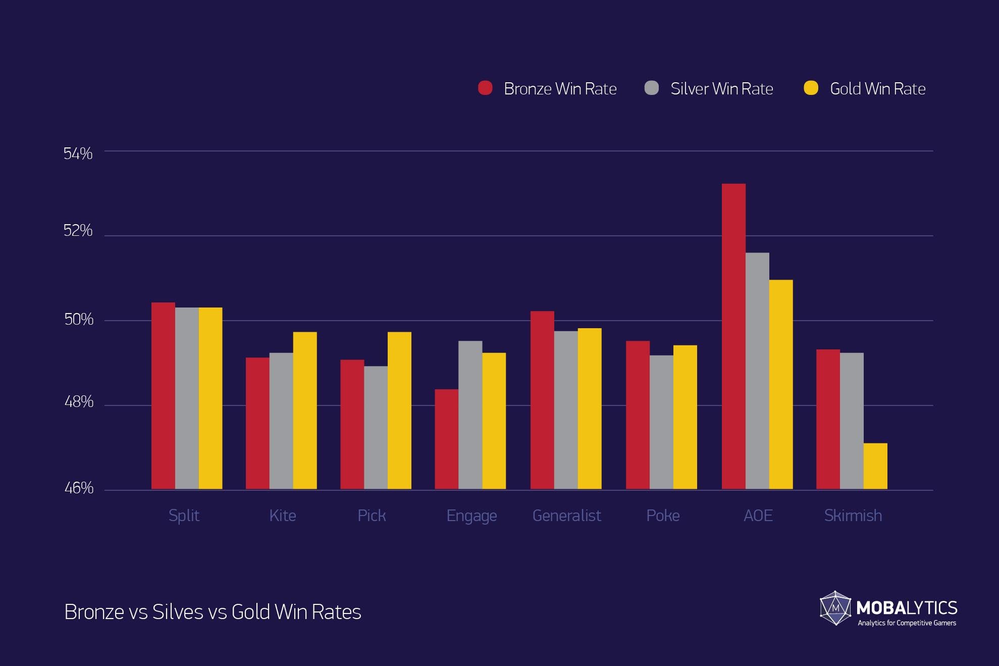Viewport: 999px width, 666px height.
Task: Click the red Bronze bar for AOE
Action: point(733,336)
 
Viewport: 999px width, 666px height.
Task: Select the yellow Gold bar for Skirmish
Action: point(875,466)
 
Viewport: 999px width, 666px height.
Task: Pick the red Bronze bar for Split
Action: point(163,396)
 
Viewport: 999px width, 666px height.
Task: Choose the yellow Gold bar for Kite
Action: point(305,411)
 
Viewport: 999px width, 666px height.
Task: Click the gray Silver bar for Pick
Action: point(376,428)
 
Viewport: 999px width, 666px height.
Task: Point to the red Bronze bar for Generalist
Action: point(542,400)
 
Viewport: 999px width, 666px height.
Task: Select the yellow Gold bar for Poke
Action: point(685,417)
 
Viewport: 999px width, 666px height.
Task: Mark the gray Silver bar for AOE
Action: point(757,371)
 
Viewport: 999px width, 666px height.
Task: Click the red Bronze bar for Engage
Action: point(446,439)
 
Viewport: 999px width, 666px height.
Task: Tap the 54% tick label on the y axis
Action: point(78,153)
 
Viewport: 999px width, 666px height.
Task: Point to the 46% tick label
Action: point(79,488)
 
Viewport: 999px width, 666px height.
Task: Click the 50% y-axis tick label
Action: point(79,319)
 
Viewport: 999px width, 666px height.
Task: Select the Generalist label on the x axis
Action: point(566,516)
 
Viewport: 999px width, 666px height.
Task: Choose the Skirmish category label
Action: point(853,516)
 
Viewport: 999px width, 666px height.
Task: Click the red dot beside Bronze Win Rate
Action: point(485,88)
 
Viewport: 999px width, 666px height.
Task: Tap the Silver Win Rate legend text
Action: point(721,89)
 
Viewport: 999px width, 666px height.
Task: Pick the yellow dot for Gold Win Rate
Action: point(811,88)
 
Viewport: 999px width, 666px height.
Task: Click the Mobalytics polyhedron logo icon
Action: point(835,608)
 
